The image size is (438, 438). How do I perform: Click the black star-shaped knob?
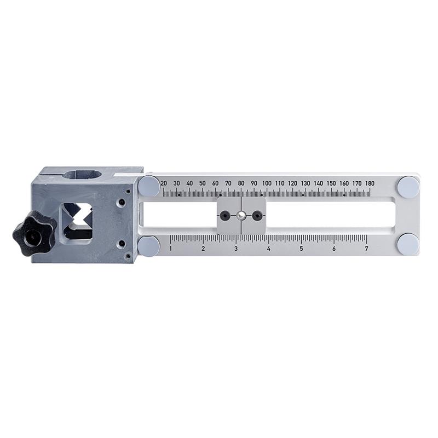tap(34, 233)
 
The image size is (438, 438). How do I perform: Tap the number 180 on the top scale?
tap(370, 183)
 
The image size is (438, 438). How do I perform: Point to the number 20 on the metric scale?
tap(164, 183)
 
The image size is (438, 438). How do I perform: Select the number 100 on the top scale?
tap(267, 183)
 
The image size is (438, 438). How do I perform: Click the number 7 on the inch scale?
tap(366, 249)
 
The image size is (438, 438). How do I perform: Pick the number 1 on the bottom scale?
tap(171, 249)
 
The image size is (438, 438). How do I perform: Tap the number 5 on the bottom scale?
tap(301, 249)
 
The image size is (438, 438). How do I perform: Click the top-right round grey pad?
tap(408, 187)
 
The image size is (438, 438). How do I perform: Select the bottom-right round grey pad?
tap(408, 244)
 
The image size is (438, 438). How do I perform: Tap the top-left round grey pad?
tap(149, 186)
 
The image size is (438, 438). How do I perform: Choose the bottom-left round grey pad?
tap(149, 246)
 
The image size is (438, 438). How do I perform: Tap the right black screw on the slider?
tap(256, 216)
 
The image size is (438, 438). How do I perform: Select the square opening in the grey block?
tap(77, 222)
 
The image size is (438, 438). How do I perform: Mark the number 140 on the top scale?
tap(318, 183)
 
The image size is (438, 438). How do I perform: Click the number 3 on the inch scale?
tap(236, 249)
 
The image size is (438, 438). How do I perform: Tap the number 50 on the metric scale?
tap(202, 183)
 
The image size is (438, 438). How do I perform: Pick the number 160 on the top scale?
tap(344, 183)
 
